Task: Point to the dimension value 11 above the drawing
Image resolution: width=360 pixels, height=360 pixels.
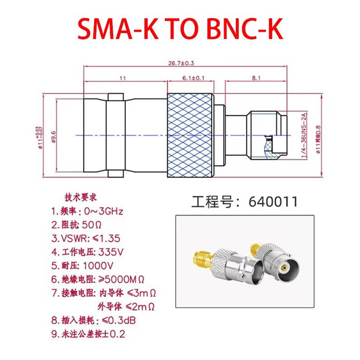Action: [122, 78]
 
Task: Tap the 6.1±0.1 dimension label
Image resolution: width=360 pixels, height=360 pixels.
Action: [193, 78]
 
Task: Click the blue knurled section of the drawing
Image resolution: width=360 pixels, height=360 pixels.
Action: [190, 135]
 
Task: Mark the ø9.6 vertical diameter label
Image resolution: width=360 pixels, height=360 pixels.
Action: [53, 135]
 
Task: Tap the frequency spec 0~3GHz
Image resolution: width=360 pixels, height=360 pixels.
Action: [101, 211]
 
